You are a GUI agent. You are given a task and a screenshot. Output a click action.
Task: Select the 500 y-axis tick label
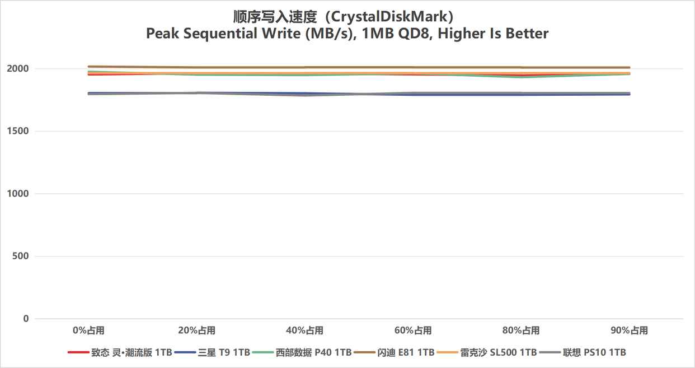[21, 257]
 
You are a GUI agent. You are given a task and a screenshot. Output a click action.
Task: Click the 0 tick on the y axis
[26, 319]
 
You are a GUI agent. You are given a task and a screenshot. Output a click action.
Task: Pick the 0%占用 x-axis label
[88, 330]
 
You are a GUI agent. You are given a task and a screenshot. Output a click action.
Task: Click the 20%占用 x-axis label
[196, 330]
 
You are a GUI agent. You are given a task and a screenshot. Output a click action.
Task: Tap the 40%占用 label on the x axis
[304, 330]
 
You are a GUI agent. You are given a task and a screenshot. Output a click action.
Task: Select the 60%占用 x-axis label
[412, 330]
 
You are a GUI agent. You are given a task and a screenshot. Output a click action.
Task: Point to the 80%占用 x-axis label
[521, 330]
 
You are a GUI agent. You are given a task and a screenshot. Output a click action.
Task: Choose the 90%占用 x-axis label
[629, 330]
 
